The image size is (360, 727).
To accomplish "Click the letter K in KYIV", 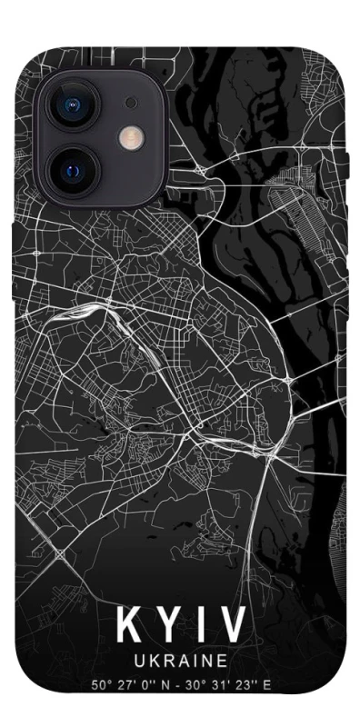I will [128, 625].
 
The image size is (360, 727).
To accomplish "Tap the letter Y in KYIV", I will [167, 625].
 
